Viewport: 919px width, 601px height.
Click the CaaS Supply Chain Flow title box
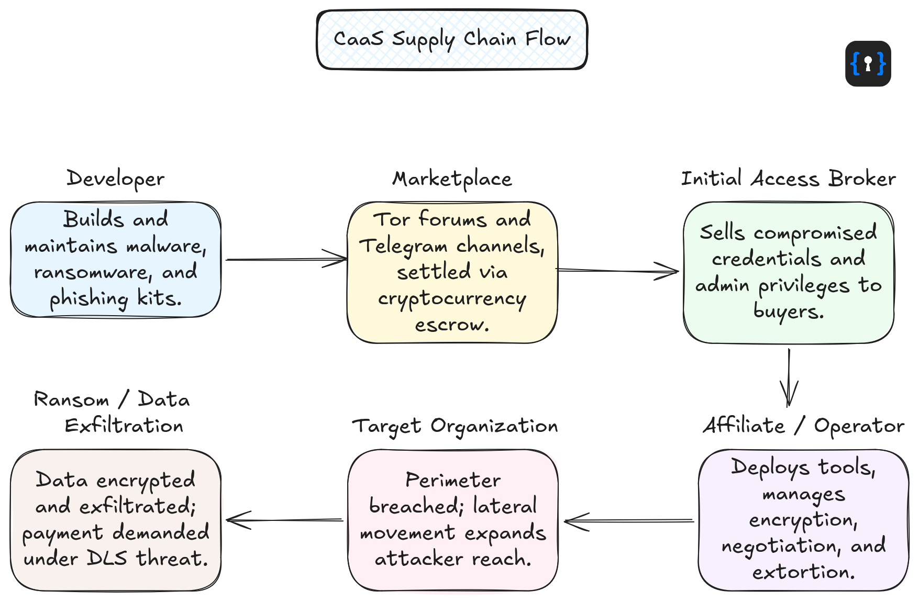point(452,40)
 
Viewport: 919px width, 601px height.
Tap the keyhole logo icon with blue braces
point(868,64)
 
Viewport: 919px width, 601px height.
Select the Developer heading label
point(115,179)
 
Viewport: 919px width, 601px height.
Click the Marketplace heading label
point(452,179)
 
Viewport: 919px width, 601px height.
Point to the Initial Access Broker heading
point(788,179)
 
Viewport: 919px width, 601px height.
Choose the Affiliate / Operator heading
point(803,426)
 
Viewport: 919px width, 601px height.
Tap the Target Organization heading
point(455,426)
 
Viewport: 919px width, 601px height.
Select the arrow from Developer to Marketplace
point(285,259)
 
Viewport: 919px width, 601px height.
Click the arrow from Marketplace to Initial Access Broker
point(618,271)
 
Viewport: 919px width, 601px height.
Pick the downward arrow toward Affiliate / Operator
point(789,377)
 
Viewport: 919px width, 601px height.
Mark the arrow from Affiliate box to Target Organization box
point(628,521)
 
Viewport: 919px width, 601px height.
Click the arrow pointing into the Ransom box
point(285,520)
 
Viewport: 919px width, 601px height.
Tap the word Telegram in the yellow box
point(403,246)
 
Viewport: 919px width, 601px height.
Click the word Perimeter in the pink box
point(453,480)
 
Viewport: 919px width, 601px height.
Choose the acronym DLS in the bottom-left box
point(107,559)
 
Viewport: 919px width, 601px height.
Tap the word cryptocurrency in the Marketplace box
point(452,299)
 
